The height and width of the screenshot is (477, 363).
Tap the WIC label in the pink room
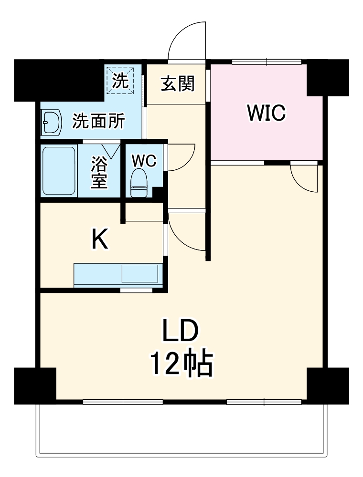pyautogui.click(x=266, y=113)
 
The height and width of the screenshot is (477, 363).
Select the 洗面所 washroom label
pyautogui.click(x=98, y=122)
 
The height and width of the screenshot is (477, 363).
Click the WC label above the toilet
pyautogui.click(x=144, y=161)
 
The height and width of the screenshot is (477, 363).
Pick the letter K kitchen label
pyautogui.click(x=100, y=239)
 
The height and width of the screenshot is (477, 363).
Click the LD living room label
pyautogui.click(x=180, y=332)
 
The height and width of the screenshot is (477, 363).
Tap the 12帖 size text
pyautogui.click(x=181, y=365)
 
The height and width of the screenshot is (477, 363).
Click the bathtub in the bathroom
pyautogui.click(x=59, y=171)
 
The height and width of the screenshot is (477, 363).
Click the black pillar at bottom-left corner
pyautogui.click(x=35, y=385)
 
